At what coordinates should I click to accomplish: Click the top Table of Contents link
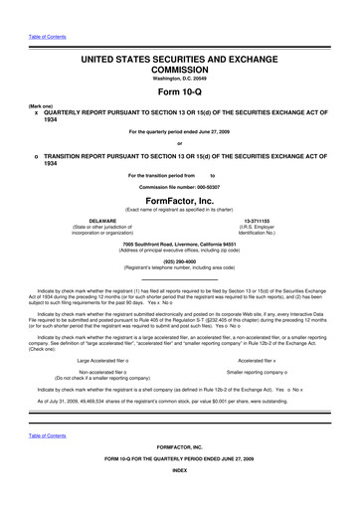coord(32,11)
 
